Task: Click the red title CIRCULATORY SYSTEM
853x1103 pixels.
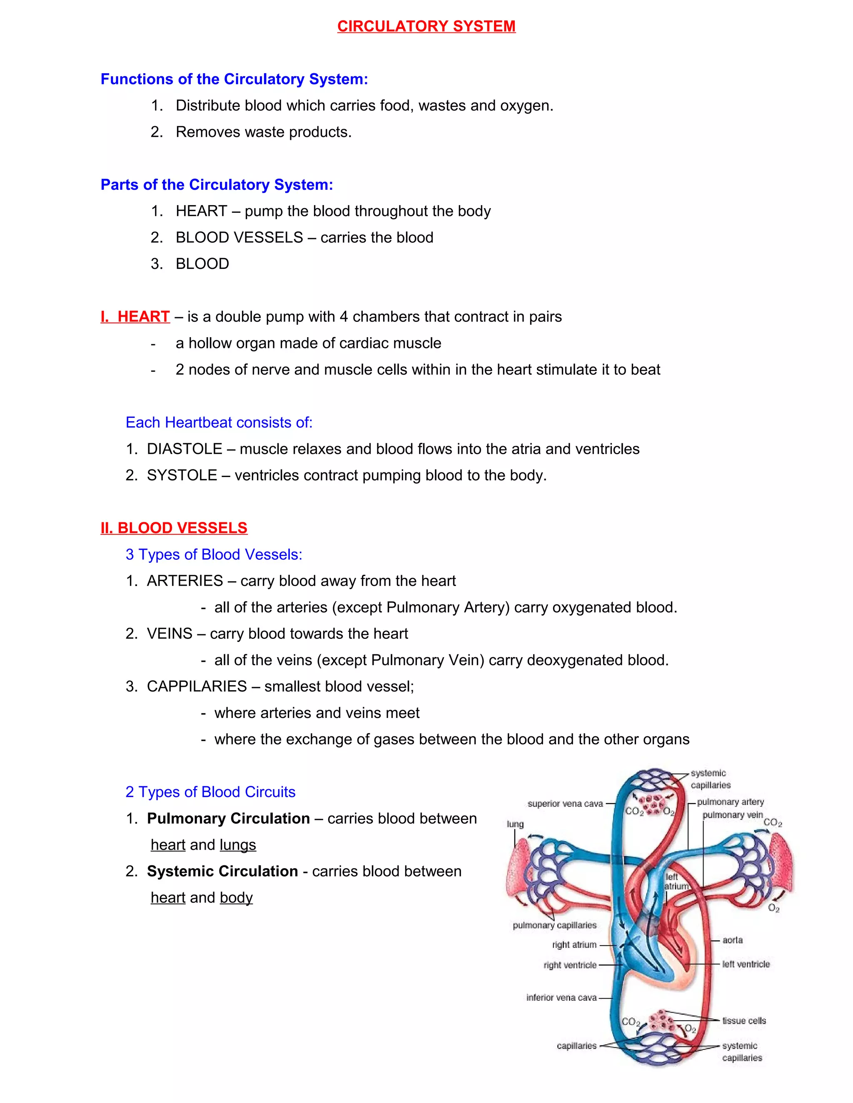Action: [426, 26]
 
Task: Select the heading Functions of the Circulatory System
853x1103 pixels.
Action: [234, 79]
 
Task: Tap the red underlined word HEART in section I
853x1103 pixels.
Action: [144, 317]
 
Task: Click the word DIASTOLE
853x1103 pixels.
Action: [185, 449]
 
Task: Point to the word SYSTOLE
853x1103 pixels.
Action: [182, 475]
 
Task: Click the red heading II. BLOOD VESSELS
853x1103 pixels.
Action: [174, 528]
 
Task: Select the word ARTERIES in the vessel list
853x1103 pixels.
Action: [185, 581]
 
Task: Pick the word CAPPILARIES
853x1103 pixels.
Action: [197, 686]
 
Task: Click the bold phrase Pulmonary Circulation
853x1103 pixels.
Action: [228, 818]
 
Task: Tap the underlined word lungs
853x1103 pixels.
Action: [237, 845]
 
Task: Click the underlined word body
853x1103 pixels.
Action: [236, 897]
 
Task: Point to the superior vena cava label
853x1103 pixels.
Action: [565, 803]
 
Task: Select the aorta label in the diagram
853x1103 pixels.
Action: [732, 940]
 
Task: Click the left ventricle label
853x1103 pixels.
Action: [746, 964]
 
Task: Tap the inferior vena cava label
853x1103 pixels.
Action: [561, 997]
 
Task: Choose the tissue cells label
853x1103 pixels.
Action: [744, 1021]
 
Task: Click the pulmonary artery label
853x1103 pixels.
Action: [730, 802]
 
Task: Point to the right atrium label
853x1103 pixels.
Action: [574, 944]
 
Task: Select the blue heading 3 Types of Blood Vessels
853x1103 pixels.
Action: [214, 554]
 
